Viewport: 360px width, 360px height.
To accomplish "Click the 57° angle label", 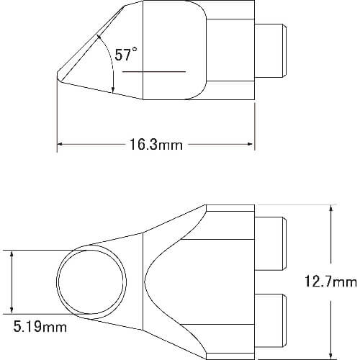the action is tap(126, 54).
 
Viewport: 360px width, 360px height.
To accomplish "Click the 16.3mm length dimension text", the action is tap(156, 145).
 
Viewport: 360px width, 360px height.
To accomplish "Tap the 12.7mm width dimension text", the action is tap(330, 282).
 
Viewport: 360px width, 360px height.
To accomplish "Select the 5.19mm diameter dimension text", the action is tap(40, 327).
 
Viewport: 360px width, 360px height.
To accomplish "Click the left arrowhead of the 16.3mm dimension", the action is tap(60, 144).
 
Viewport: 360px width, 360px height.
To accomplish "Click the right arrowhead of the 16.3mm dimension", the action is tap(250, 144).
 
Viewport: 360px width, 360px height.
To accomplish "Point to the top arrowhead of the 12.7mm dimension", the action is tap(331, 208).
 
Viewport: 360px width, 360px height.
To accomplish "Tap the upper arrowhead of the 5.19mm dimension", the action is tap(12, 253).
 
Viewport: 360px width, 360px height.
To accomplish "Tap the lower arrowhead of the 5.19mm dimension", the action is tap(12, 310).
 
